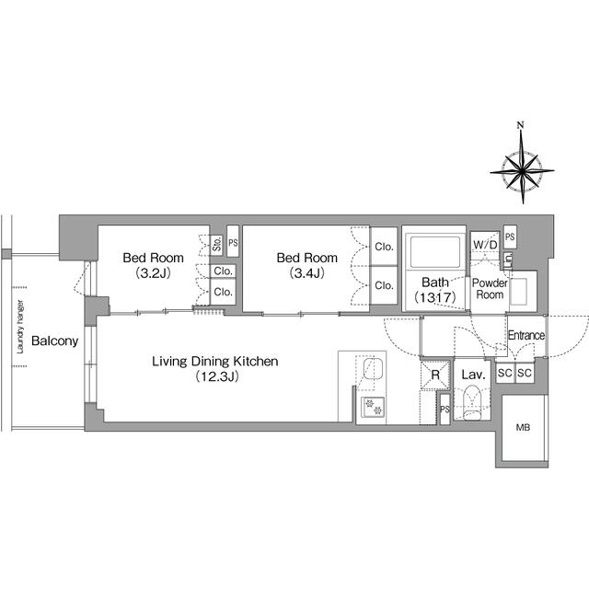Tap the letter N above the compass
520,125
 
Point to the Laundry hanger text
18,329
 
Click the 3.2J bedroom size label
153,273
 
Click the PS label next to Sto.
233,244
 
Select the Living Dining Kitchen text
215,362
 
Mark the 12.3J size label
215,377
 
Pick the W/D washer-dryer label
485,245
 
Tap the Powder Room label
489,288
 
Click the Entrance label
526,336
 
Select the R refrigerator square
434,375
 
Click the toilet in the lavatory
472,403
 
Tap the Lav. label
473,375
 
